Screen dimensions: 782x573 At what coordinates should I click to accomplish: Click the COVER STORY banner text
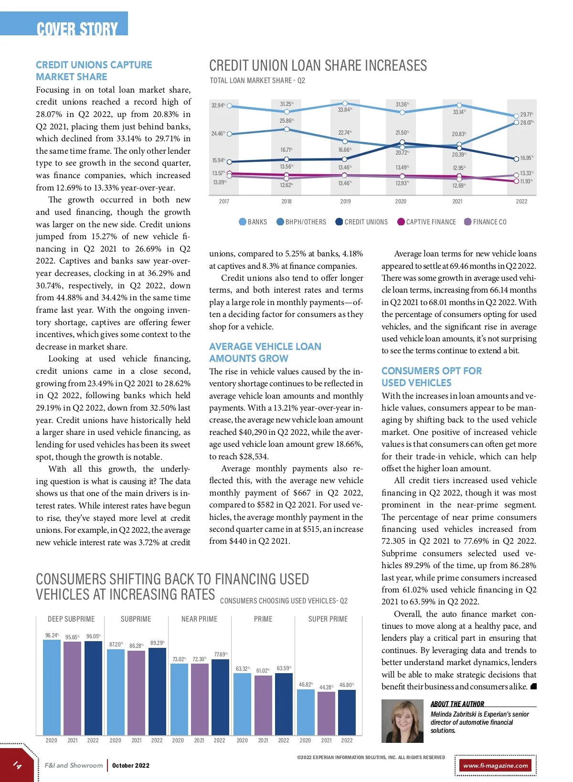tap(77, 29)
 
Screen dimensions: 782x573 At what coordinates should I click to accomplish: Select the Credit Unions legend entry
tap(361, 222)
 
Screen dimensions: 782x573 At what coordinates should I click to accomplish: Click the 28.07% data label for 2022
tap(526, 123)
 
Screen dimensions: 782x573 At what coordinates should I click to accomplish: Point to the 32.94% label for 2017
tap(218, 105)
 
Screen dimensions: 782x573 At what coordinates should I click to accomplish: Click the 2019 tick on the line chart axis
tap(345, 201)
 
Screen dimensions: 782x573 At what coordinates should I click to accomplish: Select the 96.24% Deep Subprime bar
tap(52, 687)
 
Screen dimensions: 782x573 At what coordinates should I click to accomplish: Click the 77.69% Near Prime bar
tap(220, 697)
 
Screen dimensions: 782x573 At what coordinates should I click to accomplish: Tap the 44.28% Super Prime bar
tap(326, 713)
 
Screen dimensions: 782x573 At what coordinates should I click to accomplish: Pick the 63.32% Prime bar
tap(242, 704)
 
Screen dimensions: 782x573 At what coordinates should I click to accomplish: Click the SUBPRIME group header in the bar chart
tap(136, 619)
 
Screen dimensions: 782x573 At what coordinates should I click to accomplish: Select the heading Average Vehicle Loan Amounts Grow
tap(265, 352)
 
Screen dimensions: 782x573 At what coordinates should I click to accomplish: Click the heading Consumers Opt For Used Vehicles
tap(431, 377)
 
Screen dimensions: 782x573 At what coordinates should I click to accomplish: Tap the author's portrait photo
tap(402, 721)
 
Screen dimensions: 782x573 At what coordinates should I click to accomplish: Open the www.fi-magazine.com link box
tap(496, 765)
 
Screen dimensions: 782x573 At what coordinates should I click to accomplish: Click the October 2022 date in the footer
tap(131, 765)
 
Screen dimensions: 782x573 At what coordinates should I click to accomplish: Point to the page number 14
tap(17, 765)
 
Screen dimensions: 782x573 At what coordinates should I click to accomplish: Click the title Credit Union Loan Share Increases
tap(318, 65)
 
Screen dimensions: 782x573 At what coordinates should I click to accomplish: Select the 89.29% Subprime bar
tap(157, 691)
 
